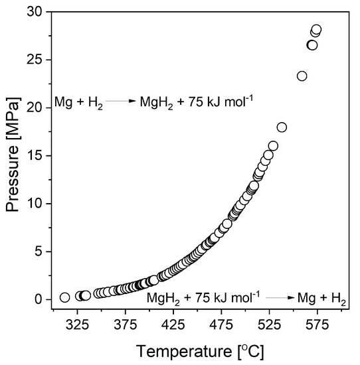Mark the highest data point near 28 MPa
(x=316, y=30)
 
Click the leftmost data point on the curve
(x=64, y=297)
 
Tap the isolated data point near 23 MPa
(x=302, y=76)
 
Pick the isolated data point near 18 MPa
(x=282, y=127)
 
